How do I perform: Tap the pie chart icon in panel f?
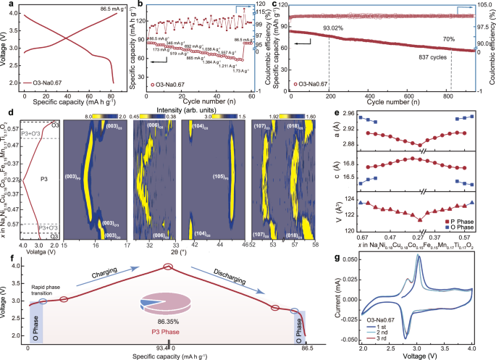[x=169, y=300]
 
